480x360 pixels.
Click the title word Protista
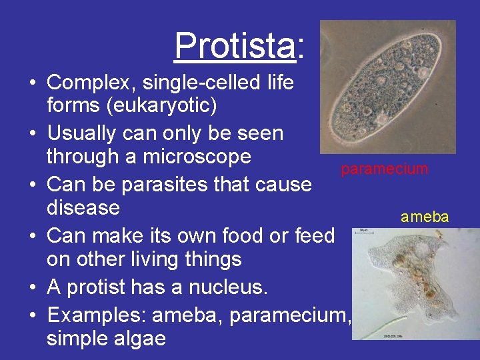point(233,46)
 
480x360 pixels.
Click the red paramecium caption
point(384,169)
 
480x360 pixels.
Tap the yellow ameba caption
point(425,217)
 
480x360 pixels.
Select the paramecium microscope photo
point(387,87)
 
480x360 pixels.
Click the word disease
point(83,208)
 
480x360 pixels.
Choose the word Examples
point(95,313)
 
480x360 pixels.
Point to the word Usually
point(81,133)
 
